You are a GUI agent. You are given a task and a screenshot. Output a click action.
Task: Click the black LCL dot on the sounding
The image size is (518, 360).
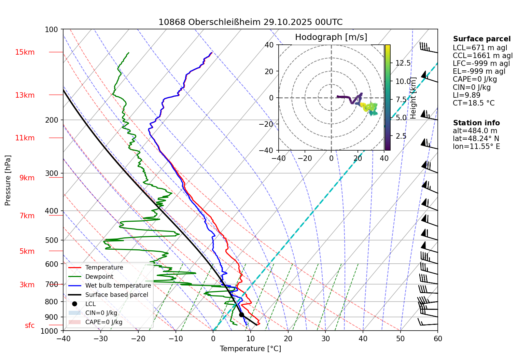click(241, 315)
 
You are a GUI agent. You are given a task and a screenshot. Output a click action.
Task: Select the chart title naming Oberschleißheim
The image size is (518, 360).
click(250, 22)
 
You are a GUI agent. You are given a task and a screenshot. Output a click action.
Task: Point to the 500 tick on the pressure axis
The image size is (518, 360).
click(52, 240)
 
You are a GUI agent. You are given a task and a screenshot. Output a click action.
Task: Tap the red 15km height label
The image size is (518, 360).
click(25, 52)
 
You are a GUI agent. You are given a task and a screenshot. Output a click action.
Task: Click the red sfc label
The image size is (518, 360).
click(30, 326)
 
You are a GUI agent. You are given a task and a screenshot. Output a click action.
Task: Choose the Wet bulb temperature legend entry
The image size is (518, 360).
click(118, 286)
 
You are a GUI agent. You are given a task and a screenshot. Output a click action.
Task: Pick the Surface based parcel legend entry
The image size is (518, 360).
click(116, 295)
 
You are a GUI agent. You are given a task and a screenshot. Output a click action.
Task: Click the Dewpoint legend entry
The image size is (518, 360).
click(99, 277)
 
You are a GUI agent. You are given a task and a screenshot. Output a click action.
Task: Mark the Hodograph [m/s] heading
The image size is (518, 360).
click(331, 37)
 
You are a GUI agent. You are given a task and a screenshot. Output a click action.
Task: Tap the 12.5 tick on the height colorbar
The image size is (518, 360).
click(403, 63)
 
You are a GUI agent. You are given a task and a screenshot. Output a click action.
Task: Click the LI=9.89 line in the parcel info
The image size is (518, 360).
click(466, 95)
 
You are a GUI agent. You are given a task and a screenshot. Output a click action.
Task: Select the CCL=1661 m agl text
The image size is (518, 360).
click(482, 56)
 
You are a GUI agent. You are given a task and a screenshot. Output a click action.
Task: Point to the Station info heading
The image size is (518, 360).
click(476, 123)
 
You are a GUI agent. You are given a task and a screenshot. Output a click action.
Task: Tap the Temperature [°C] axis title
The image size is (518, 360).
click(250, 349)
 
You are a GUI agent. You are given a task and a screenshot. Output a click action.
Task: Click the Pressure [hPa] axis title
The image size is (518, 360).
click(8, 180)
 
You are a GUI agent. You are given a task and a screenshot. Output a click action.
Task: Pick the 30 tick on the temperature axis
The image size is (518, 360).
click(325, 339)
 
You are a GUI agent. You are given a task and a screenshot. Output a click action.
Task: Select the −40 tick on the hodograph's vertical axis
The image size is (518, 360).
click(269, 150)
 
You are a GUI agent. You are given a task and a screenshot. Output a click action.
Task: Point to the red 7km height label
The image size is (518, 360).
click(27, 216)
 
